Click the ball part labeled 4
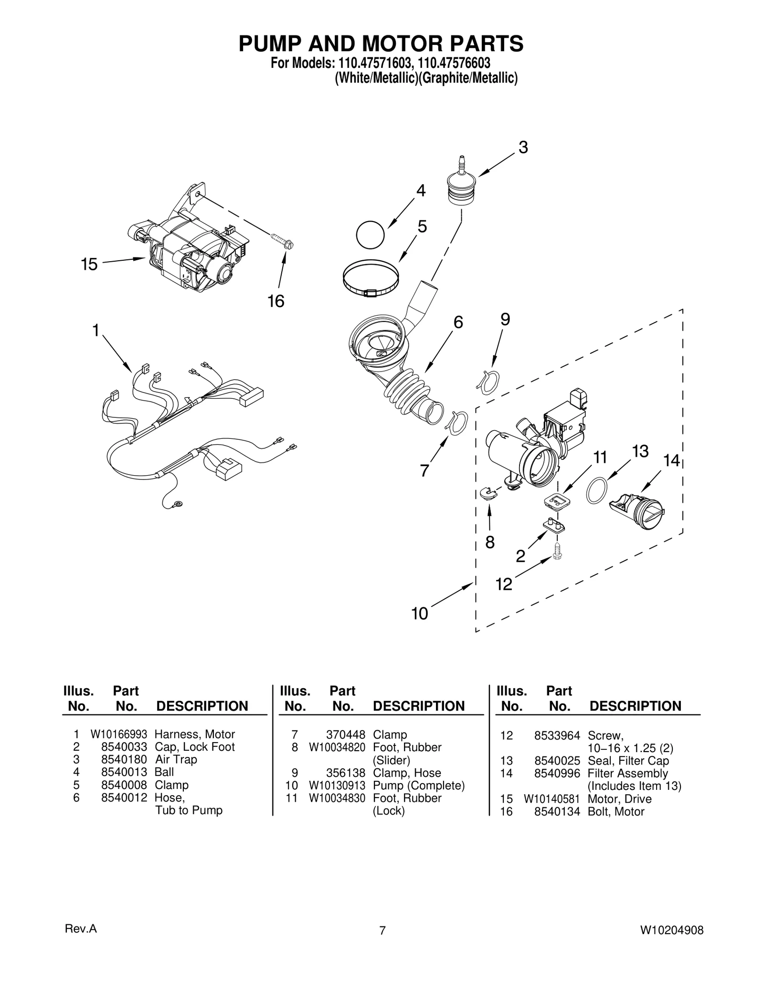[x=370, y=234]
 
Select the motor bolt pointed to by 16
[x=282, y=241]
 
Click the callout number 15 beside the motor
[x=89, y=264]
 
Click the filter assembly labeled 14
[x=637, y=511]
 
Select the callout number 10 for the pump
[x=420, y=614]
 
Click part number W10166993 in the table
[x=118, y=734]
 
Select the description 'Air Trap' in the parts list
[x=176, y=759]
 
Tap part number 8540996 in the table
[x=557, y=773]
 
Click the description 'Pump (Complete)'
[x=418, y=786]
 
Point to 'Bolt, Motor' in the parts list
[x=616, y=811]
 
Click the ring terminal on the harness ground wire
[x=178, y=503]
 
